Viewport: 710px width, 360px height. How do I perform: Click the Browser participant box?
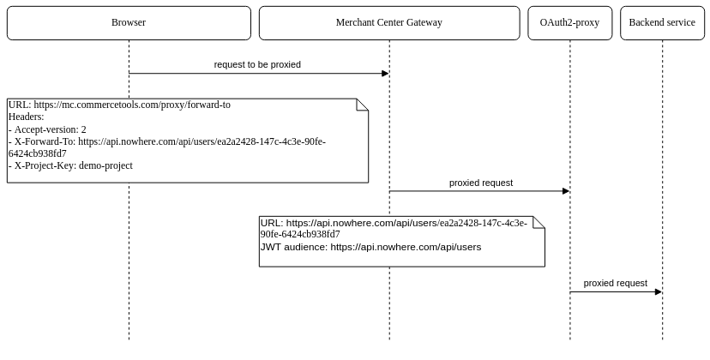(129, 23)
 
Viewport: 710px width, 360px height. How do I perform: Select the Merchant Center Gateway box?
(389, 23)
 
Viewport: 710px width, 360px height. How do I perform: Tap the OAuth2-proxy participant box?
(569, 23)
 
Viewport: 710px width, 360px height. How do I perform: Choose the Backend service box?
(662, 23)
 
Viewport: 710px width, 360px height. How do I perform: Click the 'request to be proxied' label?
(257, 64)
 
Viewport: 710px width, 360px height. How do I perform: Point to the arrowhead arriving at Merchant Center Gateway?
(385, 74)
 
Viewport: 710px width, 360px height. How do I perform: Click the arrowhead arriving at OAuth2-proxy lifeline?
(565, 191)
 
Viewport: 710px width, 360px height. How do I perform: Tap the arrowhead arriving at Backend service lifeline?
(658, 291)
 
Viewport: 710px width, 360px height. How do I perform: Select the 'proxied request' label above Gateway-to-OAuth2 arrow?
(481, 183)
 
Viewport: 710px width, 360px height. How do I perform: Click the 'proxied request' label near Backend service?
(616, 283)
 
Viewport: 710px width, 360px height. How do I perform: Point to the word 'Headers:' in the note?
(26, 117)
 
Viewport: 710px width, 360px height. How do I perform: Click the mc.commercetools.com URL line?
(119, 105)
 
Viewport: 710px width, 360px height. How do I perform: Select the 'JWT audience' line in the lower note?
(370, 247)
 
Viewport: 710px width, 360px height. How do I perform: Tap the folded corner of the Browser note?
(363, 104)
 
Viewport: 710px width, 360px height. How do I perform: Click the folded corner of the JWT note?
(539, 221)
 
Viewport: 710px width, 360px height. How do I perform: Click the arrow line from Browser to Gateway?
(257, 74)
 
